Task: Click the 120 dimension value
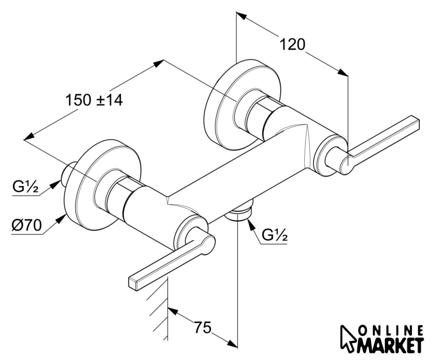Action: pos(292,44)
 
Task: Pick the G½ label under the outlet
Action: pos(275,237)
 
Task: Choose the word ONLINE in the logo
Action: pos(390,331)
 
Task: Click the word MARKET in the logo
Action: pos(390,344)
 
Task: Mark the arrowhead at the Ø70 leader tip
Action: pos(61,214)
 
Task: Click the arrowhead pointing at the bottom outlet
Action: pos(249,224)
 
